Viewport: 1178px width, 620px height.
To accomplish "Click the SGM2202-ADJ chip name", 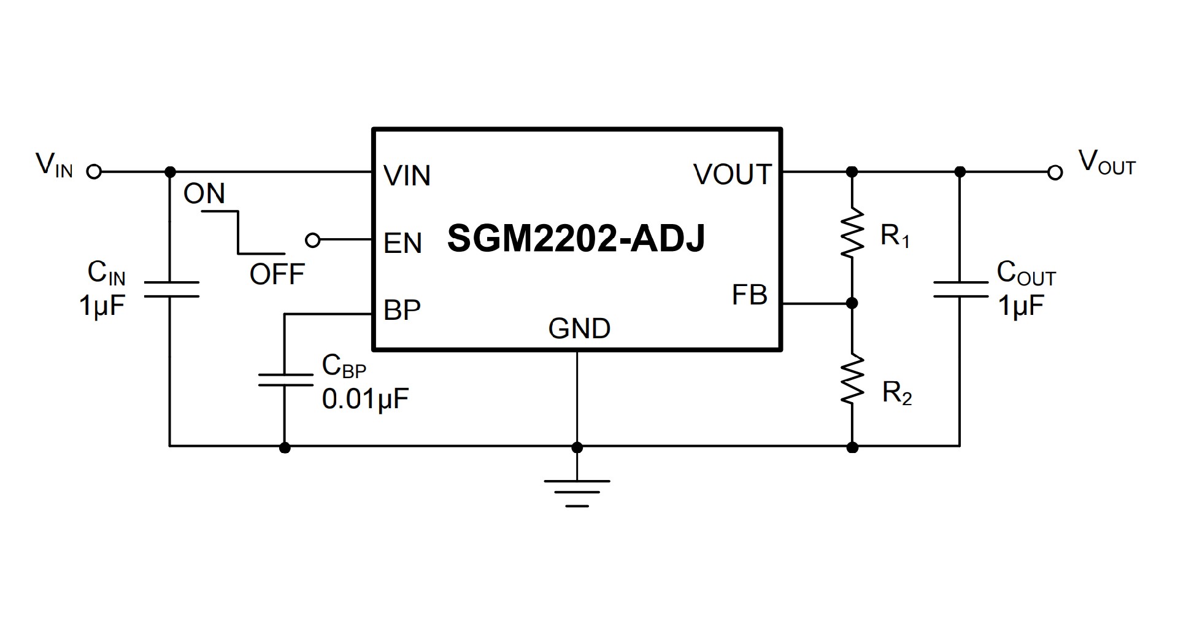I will (x=576, y=238).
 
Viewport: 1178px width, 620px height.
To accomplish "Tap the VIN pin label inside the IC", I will (x=407, y=176).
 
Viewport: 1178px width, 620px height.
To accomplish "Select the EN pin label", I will (x=402, y=244).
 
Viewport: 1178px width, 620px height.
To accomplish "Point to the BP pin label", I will (x=402, y=311).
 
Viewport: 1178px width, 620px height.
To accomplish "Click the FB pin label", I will (x=749, y=295).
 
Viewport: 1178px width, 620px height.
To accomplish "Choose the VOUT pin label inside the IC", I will (x=732, y=175).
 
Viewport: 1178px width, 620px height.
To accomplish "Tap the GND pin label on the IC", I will (x=579, y=329).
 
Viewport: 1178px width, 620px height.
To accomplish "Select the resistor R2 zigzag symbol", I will (x=852, y=380).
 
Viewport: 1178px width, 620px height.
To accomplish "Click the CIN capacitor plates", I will (x=171, y=289).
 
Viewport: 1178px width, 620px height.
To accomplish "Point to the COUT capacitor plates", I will (x=960, y=290).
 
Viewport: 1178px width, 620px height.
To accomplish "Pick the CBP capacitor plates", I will (x=285, y=379).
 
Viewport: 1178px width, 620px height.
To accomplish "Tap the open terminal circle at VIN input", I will (x=94, y=172).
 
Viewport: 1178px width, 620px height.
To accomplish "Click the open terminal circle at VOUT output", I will (x=1055, y=172).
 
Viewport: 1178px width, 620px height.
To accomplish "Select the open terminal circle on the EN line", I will (x=312, y=240).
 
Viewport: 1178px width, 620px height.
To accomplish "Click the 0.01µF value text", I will (x=365, y=400).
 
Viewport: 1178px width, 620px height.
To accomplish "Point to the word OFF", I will (x=277, y=274).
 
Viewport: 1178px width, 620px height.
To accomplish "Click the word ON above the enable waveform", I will (x=204, y=194).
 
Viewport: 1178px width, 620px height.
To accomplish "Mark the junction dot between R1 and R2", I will (x=852, y=303).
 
